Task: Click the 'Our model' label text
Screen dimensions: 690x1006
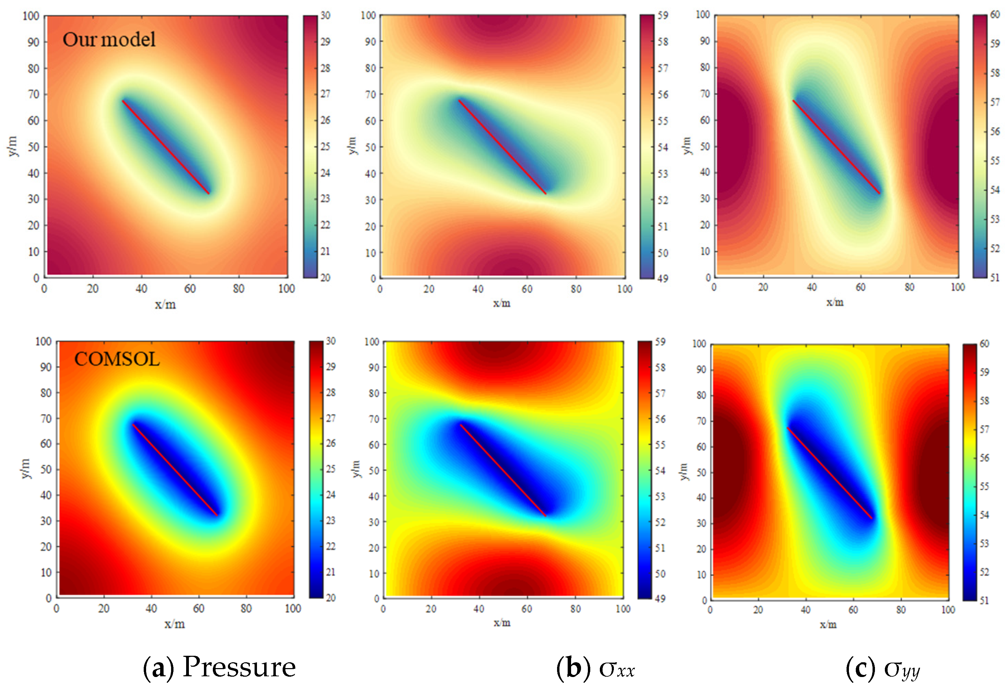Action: (x=109, y=39)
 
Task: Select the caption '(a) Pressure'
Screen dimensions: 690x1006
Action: (x=219, y=667)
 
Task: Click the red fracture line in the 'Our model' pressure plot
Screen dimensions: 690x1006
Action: (x=166, y=147)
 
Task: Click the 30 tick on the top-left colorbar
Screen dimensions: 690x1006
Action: (x=325, y=16)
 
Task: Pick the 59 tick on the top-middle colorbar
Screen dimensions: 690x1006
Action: (x=663, y=16)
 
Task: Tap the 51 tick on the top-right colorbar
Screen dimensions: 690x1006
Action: (x=995, y=278)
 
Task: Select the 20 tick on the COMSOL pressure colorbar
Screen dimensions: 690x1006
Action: (x=331, y=598)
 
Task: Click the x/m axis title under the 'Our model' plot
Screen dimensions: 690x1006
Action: (x=165, y=305)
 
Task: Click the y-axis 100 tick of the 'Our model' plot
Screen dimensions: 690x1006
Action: (x=31, y=16)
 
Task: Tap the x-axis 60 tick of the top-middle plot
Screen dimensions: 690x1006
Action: (x=527, y=289)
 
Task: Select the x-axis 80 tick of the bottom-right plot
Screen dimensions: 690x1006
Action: (x=901, y=610)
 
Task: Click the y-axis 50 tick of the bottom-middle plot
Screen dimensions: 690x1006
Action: (x=374, y=470)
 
